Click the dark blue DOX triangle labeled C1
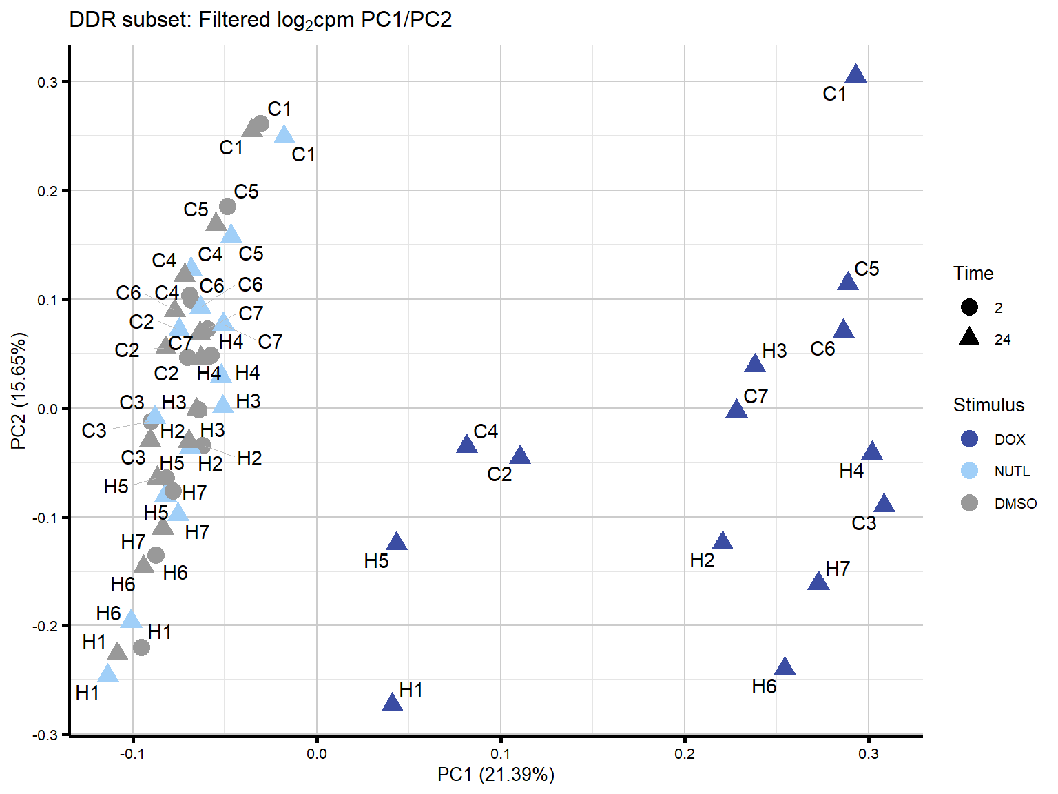click(855, 74)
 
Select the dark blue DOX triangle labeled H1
click(392, 703)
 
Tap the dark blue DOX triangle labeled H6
click(785, 667)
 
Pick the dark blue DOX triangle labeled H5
click(397, 542)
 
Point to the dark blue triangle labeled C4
click(467, 445)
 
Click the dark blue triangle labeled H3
click(755, 364)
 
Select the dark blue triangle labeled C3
click(884, 504)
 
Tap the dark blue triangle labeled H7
click(818, 582)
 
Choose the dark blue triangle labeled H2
click(722, 541)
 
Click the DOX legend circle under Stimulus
click(969, 439)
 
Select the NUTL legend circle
click(969, 471)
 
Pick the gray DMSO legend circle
click(969, 503)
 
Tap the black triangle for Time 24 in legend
click(969, 338)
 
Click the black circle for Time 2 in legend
click(969, 307)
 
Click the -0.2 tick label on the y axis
click(48, 626)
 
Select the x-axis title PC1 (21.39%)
click(495, 775)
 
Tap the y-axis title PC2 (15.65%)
click(19, 390)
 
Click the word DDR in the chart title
click(92, 20)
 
